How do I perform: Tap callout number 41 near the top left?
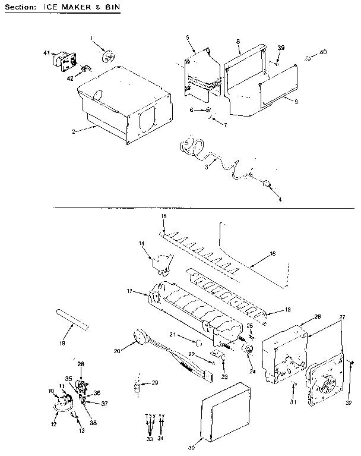46,54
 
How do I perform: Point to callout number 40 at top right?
323,52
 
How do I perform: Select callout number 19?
64,343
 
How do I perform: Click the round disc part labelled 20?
140,337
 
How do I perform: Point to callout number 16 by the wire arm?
273,254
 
